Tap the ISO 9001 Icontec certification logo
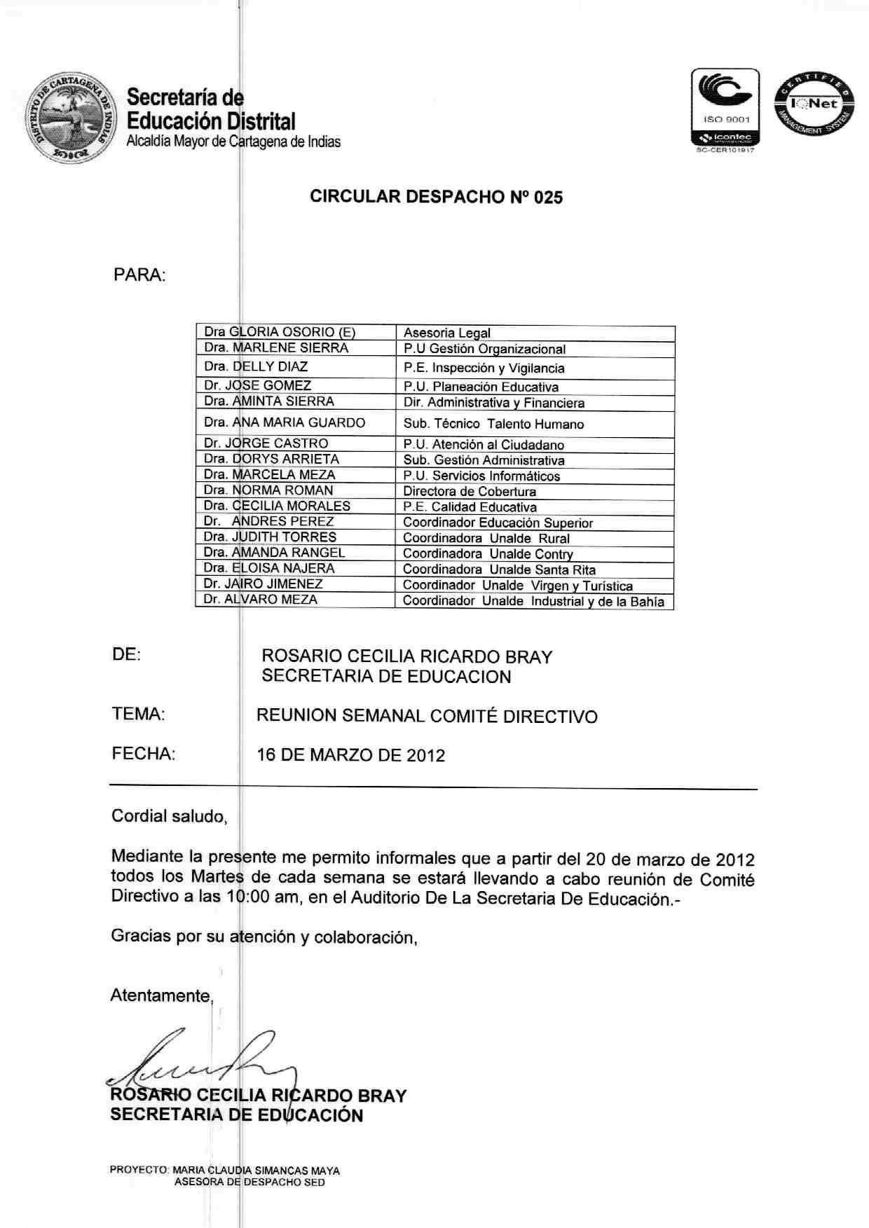point(725,109)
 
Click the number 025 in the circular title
point(548,198)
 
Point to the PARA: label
point(139,275)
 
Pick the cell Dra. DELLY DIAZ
point(256,366)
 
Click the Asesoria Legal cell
point(447,333)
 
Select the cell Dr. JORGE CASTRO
point(266,443)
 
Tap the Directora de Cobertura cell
point(470,492)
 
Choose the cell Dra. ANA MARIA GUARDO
point(285,422)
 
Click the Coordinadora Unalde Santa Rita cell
point(499,570)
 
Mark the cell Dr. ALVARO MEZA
point(260,600)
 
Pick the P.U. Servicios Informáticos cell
point(481,476)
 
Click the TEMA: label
point(138,715)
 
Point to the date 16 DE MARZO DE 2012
point(351,755)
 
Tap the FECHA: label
point(144,754)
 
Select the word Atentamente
point(160,996)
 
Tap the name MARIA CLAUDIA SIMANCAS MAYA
point(256,1170)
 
